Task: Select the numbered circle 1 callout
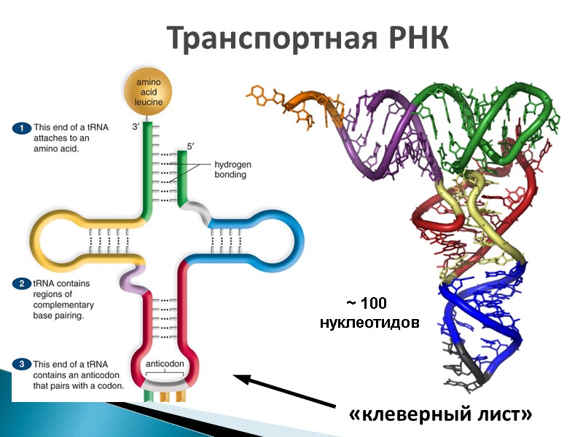(23, 127)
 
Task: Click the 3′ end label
(135, 127)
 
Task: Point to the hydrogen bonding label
(230, 170)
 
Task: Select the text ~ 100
(366, 303)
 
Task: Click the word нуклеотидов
(369, 321)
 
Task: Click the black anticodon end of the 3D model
(474, 372)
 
